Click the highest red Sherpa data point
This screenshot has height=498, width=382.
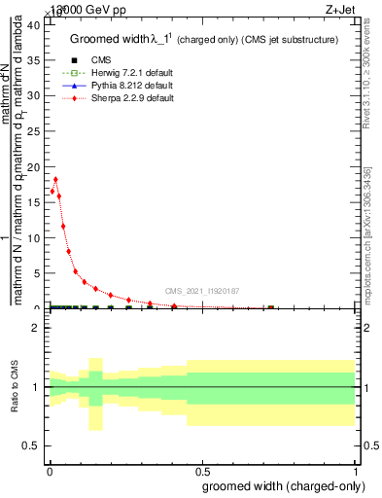pyautogui.click(x=56, y=179)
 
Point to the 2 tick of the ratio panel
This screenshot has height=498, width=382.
pyautogui.click(x=37, y=328)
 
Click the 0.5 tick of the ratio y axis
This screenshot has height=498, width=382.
pyautogui.click(x=32, y=445)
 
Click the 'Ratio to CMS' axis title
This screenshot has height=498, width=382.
pyautogui.click(x=15, y=387)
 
